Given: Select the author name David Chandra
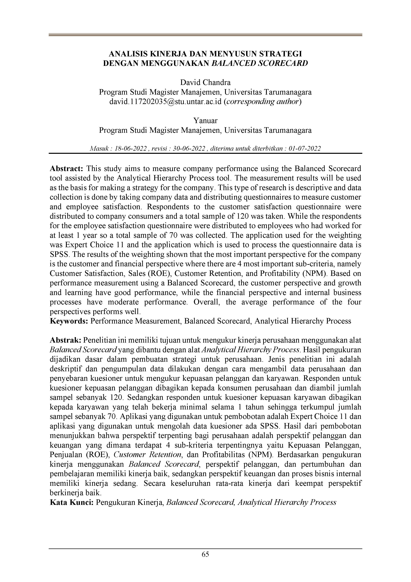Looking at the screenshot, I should tap(205, 82).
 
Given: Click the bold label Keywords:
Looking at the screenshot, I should tap(69, 321).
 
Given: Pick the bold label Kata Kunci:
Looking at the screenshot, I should tap(72, 502).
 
